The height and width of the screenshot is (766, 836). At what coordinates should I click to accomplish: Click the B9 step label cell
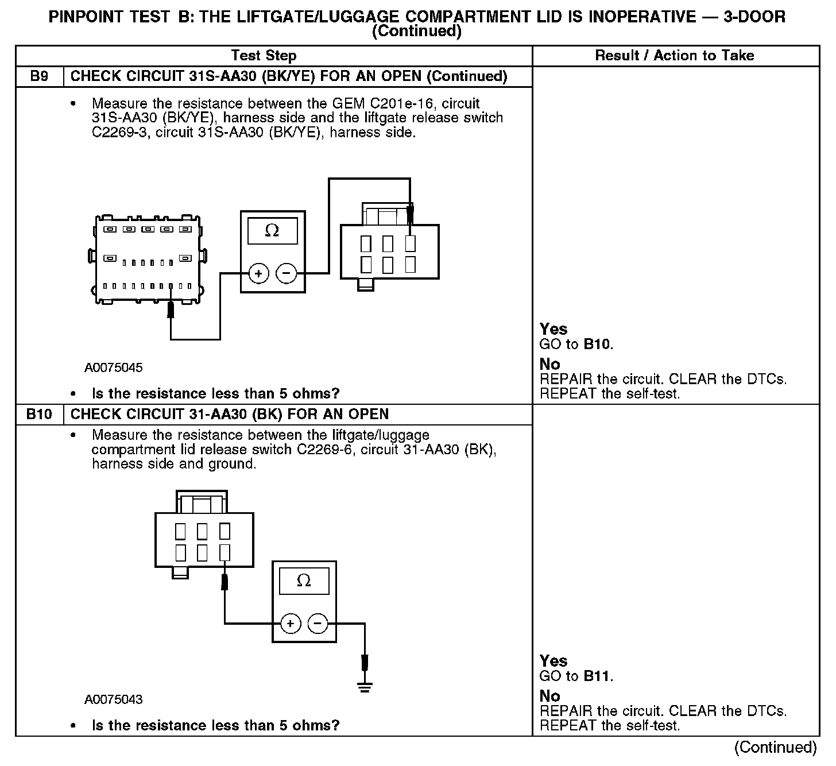[39, 76]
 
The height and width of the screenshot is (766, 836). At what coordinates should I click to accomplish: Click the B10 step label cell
[39, 414]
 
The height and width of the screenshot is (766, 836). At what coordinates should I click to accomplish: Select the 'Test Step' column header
[264, 56]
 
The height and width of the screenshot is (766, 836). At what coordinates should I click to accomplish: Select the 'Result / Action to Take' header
[675, 56]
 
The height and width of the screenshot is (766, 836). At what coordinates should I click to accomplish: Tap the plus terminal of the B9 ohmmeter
[258, 273]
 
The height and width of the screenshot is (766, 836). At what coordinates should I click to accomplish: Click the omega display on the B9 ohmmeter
[272, 231]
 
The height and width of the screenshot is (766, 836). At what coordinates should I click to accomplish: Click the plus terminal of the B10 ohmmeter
[291, 623]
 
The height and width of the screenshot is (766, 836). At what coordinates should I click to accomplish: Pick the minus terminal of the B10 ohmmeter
[318, 623]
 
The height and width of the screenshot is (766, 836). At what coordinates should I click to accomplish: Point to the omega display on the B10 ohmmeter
[304, 581]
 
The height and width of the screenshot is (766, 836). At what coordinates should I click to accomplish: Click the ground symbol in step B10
[364, 686]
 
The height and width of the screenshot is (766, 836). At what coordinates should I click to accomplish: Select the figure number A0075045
[114, 367]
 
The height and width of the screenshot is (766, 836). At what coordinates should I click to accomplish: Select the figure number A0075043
[114, 699]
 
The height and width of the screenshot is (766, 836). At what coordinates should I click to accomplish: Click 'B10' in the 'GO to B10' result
[597, 345]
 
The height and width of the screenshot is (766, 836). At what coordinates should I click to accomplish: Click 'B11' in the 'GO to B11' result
[597, 676]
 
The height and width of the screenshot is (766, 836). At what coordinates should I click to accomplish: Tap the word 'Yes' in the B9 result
[554, 329]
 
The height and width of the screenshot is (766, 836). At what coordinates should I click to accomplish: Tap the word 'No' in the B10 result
[549, 696]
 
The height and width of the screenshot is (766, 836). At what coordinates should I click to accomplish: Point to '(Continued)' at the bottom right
[775, 747]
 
